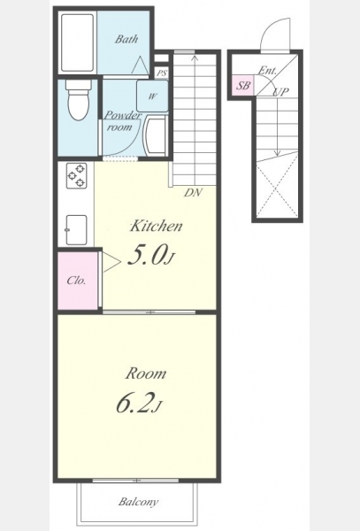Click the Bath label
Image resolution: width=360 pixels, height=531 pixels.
(126, 39)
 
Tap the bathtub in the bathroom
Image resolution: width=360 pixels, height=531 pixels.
(78, 42)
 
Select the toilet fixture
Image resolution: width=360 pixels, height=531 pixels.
(78, 99)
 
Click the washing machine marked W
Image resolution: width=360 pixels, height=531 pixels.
(152, 96)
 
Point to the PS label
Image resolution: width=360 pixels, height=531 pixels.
(162, 73)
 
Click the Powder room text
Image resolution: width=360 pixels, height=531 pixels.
(121, 121)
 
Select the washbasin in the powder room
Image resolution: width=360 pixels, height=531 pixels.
(156, 135)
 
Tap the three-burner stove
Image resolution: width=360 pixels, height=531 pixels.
(76, 175)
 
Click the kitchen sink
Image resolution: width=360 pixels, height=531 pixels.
(76, 229)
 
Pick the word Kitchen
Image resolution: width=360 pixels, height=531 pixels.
(157, 226)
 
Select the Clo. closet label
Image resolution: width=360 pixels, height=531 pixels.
(76, 281)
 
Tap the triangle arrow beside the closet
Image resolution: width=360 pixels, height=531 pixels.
(111, 261)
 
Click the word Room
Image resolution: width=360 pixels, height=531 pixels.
(146, 373)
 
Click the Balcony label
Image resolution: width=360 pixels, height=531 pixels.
(138, 502)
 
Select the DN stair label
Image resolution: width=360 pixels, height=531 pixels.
(193, 193)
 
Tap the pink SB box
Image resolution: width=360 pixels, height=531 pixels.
(243, 85)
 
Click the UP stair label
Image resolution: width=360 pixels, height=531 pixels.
(280, 92)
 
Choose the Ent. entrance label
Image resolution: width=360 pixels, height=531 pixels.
(267, 71)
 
